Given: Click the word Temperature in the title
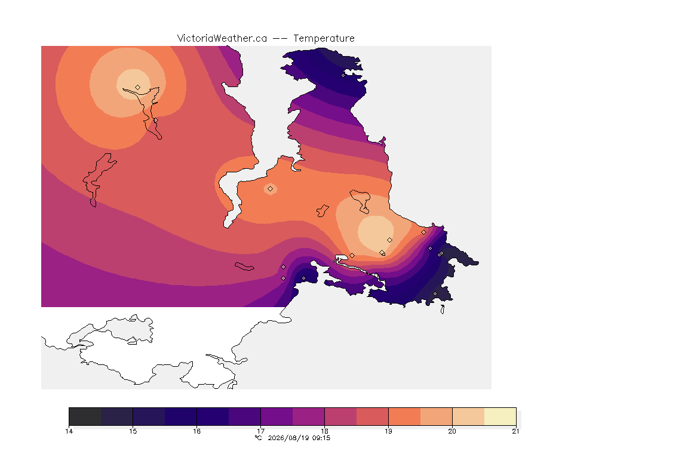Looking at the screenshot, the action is (x=324, y=39).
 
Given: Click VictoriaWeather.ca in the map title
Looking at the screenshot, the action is (x=222, y=39).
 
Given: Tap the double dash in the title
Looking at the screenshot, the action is (x=280, y=39).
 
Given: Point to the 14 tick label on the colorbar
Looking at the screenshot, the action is (x=69, y=431).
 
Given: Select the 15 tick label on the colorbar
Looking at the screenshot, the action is (x=133, y=431).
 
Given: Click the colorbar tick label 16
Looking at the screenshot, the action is (x=196, y=431).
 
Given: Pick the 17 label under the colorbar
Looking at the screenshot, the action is (x=260, y=431).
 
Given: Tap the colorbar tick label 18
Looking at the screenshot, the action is (x=324, y=431).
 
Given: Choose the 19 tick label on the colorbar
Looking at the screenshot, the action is (x=388, y=431).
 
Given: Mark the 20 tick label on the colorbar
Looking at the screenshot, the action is (x=452, y=431).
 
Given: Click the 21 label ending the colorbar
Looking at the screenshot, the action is (x=515, y=431).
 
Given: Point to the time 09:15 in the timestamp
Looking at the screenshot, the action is (x=321, y=438).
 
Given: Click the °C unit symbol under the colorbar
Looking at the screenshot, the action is (x=259, y=438).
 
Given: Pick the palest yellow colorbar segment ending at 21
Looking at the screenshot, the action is (x=500, y=416).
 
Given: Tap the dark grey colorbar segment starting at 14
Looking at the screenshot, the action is (x=85, y=416).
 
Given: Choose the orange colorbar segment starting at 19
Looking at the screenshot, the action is (x=404, y=416).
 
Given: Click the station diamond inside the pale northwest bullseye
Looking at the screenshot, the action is (x=138, y=88).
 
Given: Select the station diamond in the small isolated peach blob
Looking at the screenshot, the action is (x=271, y=189).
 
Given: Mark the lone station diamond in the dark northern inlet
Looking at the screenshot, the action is (x=343, y=75).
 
